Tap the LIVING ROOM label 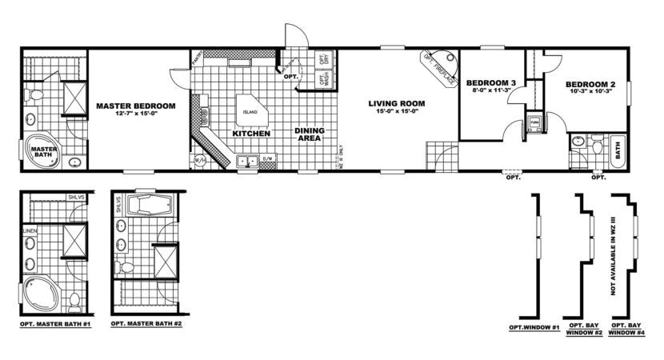click(x=396, y=103)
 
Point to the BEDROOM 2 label click(x=590, y=85)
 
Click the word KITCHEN click(x=251, y=134)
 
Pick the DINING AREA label click(x=309, y=134)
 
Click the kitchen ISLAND click(x=250, y=111)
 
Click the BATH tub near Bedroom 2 click(x=617, y=149)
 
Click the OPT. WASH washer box click(x=324, y=78)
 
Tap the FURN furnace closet click(x=534, y=123)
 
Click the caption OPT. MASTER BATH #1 click(x=53, y=325)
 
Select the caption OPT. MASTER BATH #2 click(x=142, y=325)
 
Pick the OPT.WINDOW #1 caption click(x=533, y=328)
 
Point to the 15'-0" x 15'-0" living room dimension click(x=396, y=112)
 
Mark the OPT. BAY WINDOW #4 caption click(x=626, y=330)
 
